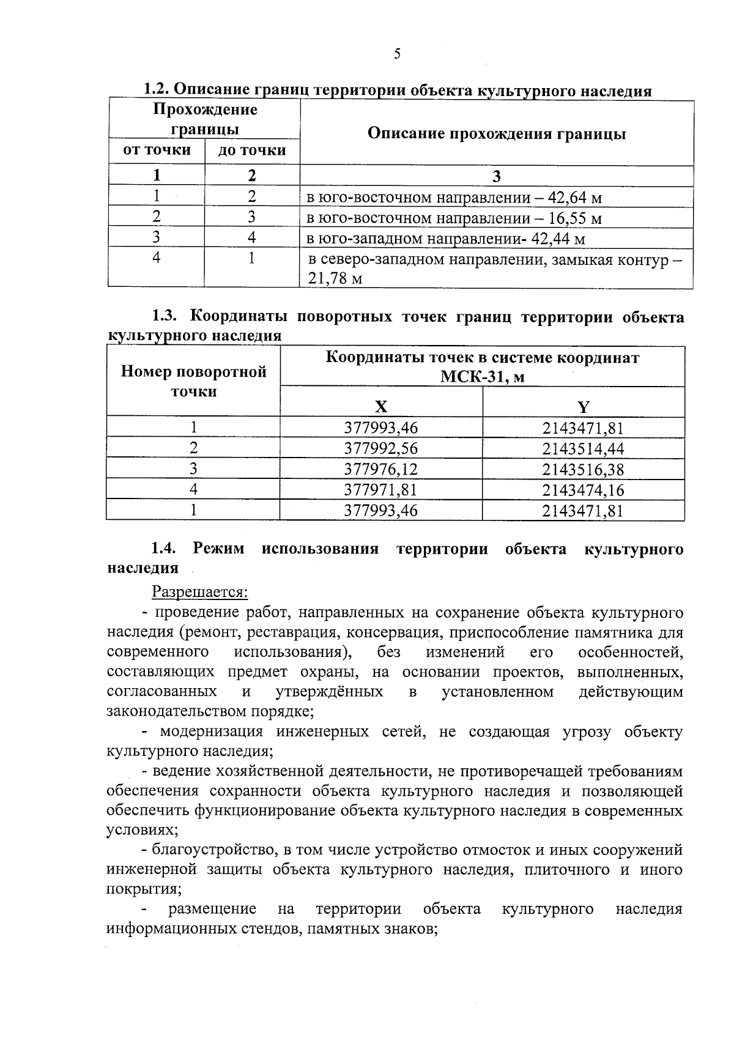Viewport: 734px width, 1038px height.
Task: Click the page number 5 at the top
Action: point(397,54)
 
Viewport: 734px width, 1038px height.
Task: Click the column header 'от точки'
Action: point(157,150)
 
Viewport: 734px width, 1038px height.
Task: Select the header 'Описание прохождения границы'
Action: point(496,134)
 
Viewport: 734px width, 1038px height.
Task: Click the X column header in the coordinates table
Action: point(380,407)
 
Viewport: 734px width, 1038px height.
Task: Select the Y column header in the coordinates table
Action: point(583,407)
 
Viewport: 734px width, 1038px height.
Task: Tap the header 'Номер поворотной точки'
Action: point(193,381)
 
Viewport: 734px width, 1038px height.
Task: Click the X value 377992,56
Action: point(380,448)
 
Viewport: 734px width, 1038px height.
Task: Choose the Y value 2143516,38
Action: point(583,469)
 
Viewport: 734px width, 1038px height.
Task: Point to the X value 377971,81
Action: point(380,489)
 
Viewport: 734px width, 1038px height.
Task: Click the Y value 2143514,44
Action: point(583,448)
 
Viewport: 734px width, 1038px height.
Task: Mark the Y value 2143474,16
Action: point(583,489)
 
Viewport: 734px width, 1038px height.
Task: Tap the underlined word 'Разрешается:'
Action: point(199,592)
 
